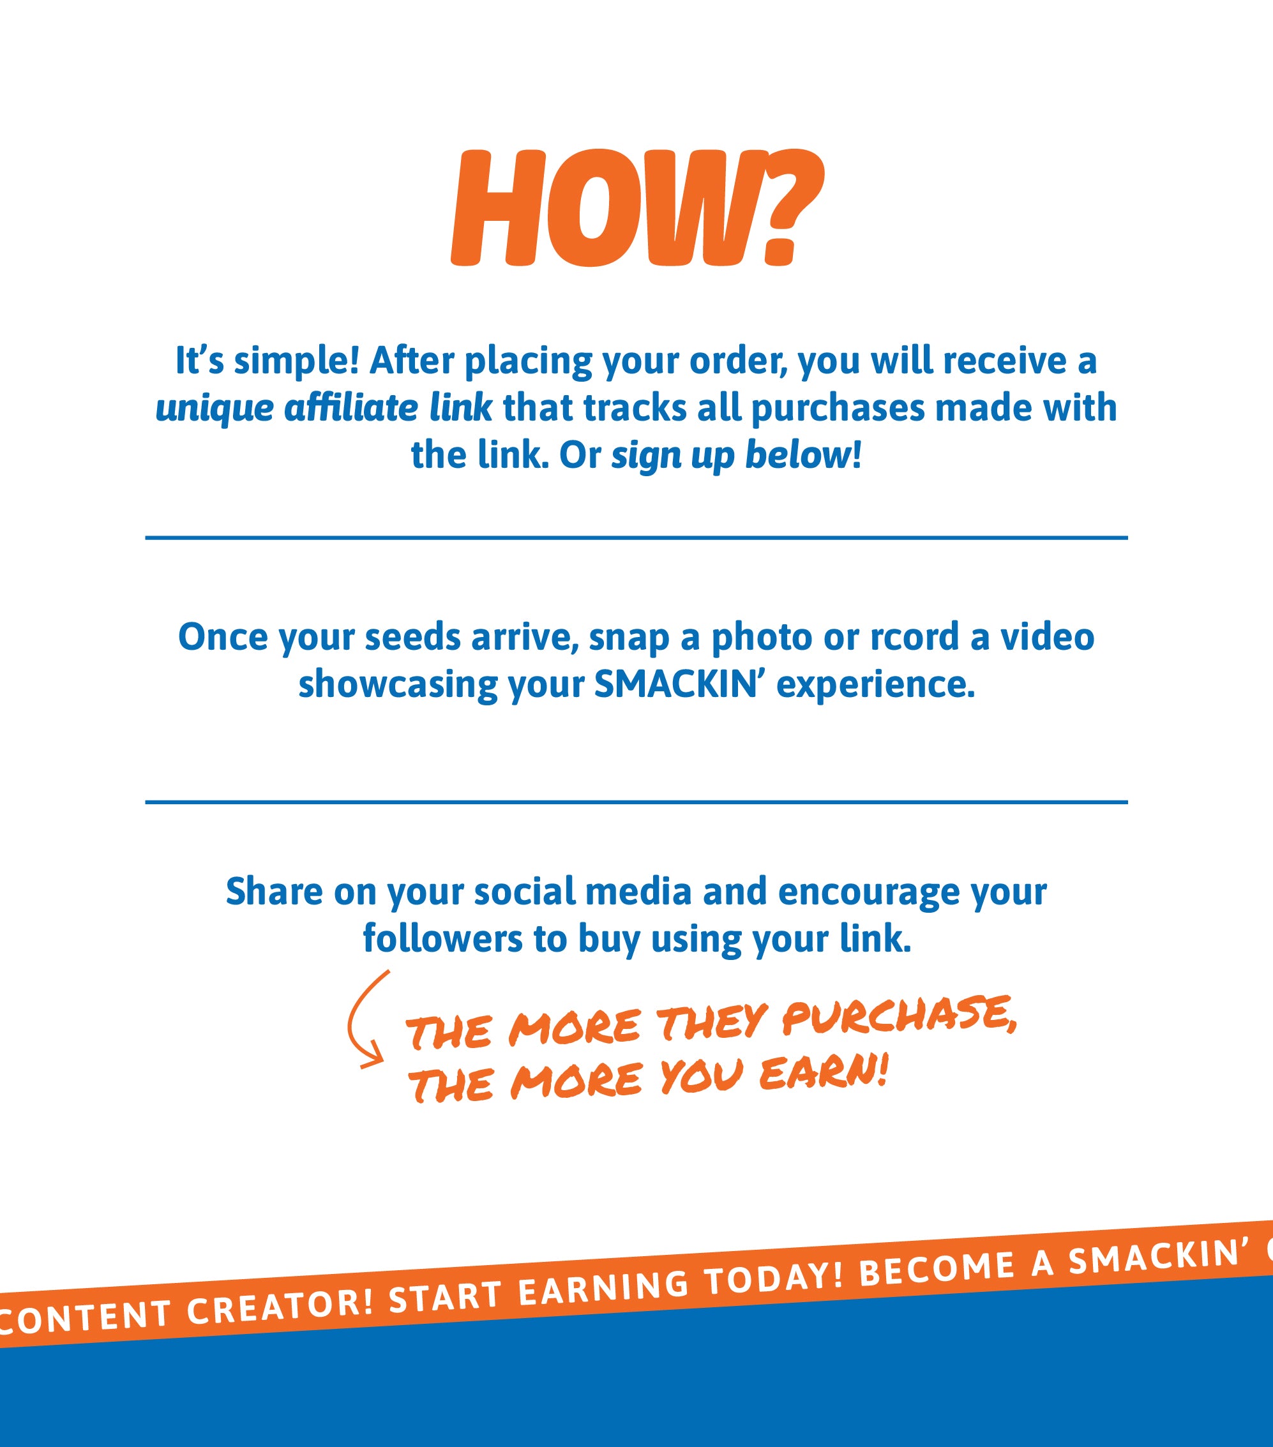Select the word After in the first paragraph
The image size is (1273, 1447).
(x=411, y=361)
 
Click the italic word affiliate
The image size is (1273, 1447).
(x=351, y=408)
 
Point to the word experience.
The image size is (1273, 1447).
(x=875, y=686)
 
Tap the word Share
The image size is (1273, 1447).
(x=274, y=891)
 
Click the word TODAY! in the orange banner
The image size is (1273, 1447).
(x=774, y=1280)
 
